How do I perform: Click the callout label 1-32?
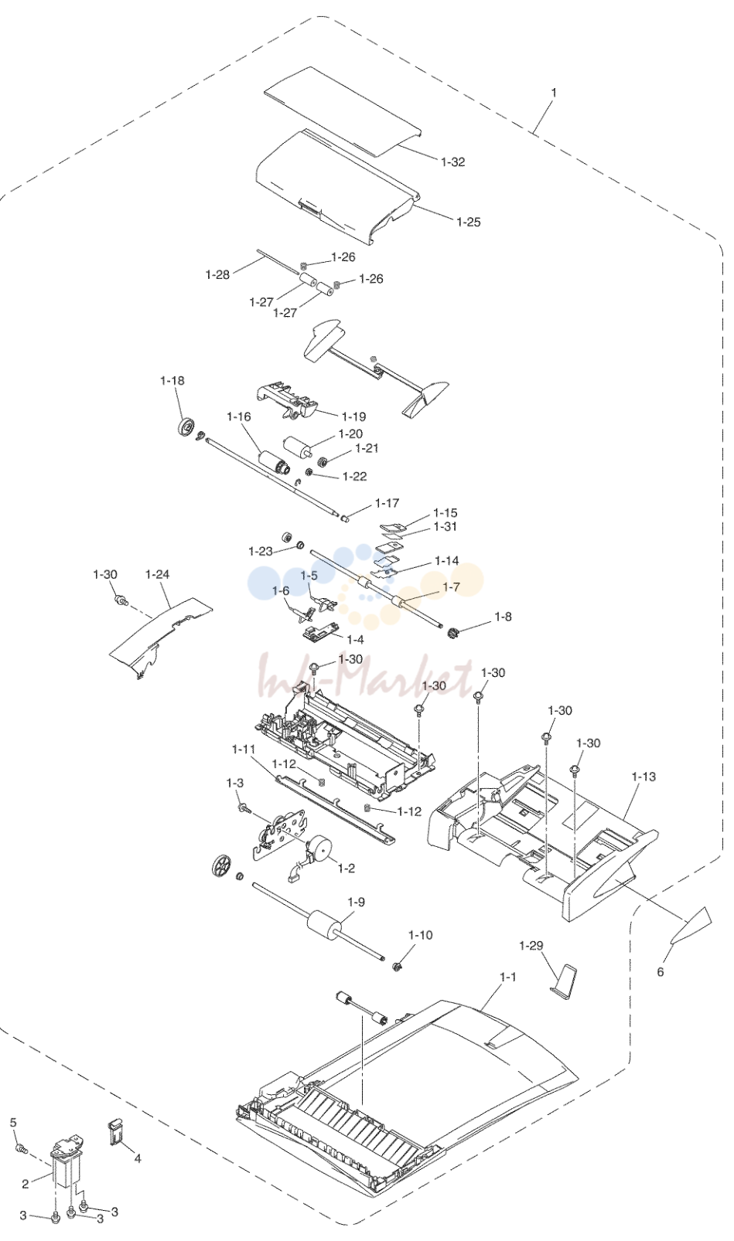pos(452,161)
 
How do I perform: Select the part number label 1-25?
pos(469,222)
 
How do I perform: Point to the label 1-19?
pos(353,416)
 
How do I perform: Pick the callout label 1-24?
pos(157,574)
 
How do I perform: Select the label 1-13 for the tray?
pos(643,777)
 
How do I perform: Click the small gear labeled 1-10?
pos(396,967)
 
